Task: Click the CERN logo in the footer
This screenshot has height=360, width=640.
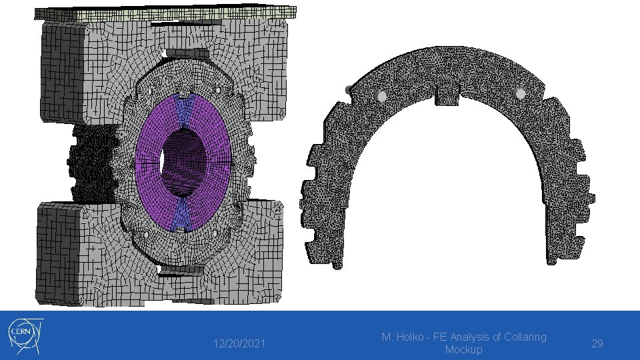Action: pyautogui.click(x=25, y=336)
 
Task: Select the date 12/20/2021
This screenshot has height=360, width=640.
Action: pyautogui.click(x=239, y=344)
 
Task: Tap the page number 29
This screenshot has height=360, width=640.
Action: pyautogui.click(x=597, y=344)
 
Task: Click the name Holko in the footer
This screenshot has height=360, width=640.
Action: pyautogui.click(x=409, y=337)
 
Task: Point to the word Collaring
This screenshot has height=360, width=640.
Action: pyautogui.click(x=525, y=337)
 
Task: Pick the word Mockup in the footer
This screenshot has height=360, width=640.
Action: pyautogui.click(x=463, y=350)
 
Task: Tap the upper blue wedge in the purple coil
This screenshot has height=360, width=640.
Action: pyautogui.click(x=184, y=109)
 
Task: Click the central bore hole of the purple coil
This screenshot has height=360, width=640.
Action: pyautogui.click(x=183, y=162)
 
